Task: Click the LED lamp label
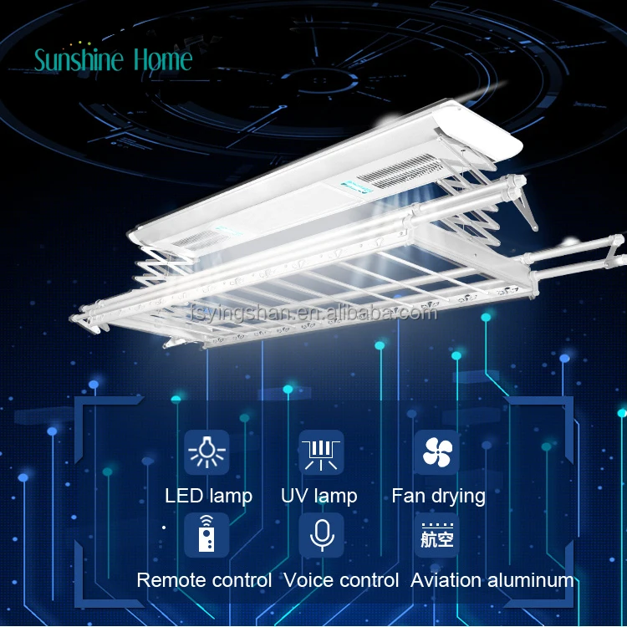pos(208,496)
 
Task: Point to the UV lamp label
pos(319,496)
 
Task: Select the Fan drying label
pos(438,496)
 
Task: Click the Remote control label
pos(204,580)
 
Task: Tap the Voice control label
pos(341,580)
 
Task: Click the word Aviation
pos(446,580)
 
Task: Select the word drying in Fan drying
pos(458,497)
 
